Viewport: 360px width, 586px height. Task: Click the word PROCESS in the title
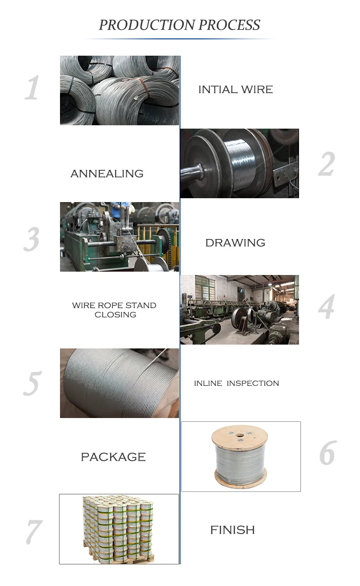pos(229,25)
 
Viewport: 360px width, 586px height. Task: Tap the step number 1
pos(32,89)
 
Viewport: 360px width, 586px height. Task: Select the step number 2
pos(326,164)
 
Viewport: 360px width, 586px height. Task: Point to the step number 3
pos(32,239)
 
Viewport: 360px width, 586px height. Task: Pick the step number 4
pos(326,308)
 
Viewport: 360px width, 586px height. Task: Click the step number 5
pos(32,383)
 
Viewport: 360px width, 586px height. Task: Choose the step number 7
pos(33,532)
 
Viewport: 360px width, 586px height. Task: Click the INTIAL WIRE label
pos(235,89)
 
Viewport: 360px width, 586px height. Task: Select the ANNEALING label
pos(107,174)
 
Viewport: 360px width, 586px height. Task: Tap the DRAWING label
pos(235,243)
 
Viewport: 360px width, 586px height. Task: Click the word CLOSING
pos(115,315)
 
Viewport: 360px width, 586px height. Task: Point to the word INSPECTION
pos(252,383)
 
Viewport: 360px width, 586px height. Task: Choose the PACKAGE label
pos(113,457)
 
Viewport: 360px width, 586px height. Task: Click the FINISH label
pos(232,530)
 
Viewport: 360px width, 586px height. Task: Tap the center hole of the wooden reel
pos(240,436)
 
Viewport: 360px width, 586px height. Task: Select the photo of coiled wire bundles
pos(119,90)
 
